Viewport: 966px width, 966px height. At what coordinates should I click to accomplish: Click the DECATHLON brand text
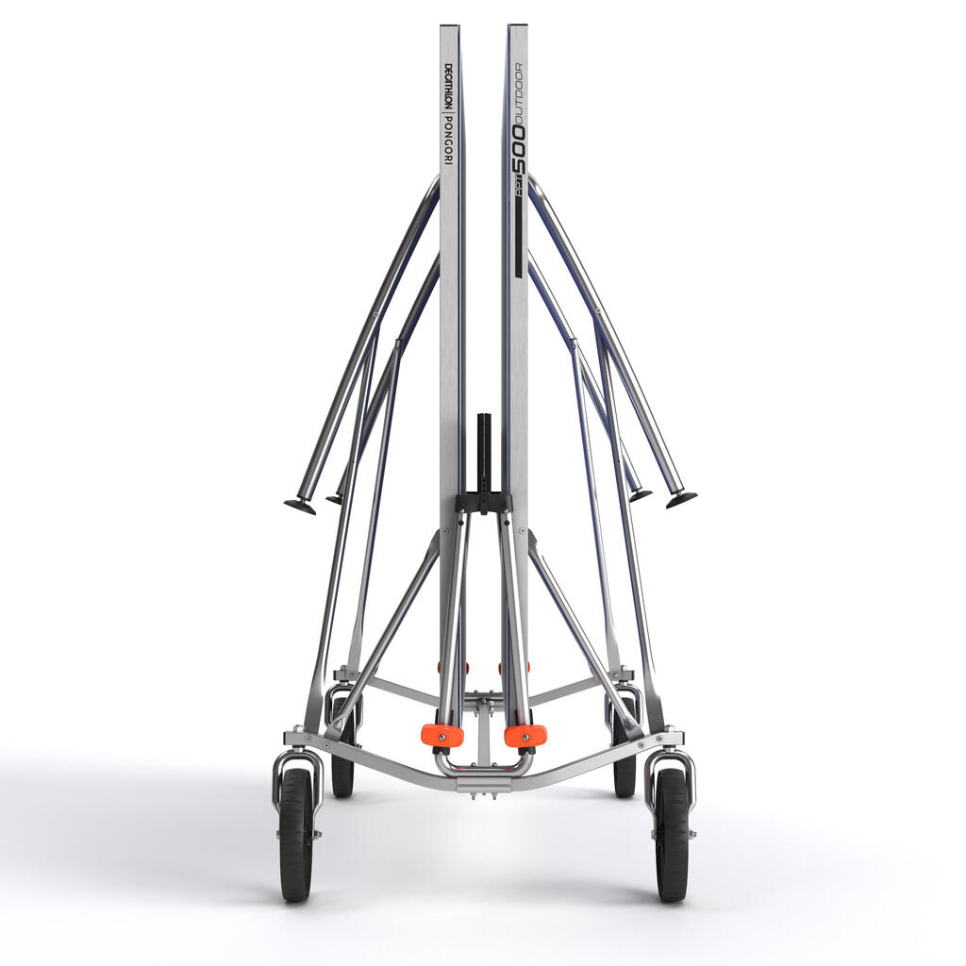pos(448,87)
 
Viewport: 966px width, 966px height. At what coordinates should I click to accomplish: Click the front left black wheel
pos(295,836)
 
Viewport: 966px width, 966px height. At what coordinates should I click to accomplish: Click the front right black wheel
pos(671,836)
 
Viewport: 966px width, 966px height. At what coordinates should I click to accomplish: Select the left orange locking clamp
pos(442,734)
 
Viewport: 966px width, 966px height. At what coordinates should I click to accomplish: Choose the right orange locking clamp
pos(525,734)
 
